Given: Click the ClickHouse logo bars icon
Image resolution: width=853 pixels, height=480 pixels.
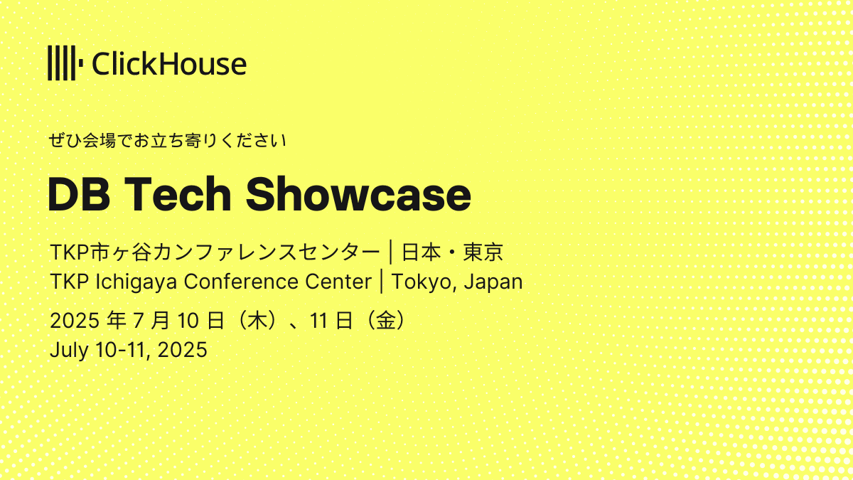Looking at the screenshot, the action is (x=65, y=63).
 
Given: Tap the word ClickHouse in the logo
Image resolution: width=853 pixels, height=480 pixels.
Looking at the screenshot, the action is (x=169, y=63).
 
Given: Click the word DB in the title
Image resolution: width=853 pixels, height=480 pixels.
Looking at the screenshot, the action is (x=79, y=194).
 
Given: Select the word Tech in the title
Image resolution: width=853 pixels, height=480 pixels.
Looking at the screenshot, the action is (x=178, y=194).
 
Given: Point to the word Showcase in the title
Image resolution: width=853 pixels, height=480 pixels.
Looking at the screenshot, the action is (x=358, y=194).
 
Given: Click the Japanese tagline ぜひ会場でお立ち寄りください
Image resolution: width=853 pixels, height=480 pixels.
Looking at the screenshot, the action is (x=167, y=141).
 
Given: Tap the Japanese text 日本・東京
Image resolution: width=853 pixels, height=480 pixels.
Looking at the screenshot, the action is (x=453, y=252).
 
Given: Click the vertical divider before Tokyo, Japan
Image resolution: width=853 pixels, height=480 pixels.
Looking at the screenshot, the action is (x=382, y=282).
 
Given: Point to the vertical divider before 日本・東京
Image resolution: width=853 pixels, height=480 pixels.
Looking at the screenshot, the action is (x=391, y=252).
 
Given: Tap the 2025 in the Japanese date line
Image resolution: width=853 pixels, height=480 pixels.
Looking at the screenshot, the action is (x=75, y=321).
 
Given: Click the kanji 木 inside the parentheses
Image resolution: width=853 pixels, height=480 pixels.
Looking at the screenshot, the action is (x=257, y=321).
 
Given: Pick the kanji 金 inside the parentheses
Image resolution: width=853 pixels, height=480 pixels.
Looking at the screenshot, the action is (x=386, y=321).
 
